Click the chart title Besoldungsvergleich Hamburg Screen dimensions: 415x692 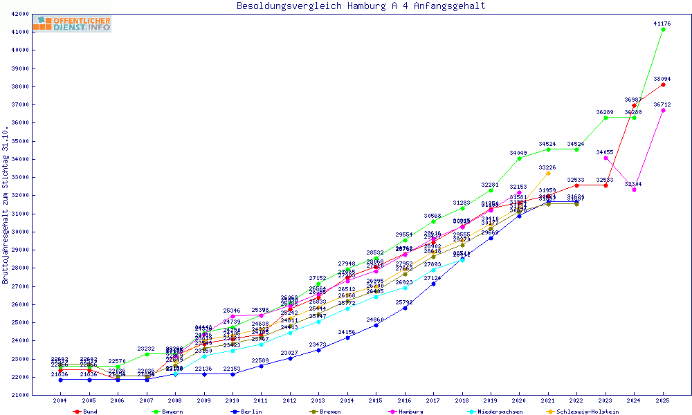[x=361, y=6]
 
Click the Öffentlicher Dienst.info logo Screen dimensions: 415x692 [x=72, y=24]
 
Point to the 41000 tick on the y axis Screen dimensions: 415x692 [x=19, y=32]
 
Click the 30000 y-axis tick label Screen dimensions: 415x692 [x=19, y=232]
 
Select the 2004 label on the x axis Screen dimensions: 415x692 [x=61, y=400]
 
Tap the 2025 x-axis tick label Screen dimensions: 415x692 [x=663, y=400]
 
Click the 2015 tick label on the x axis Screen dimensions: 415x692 [x=376, y=400]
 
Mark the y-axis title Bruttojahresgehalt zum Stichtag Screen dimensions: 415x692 [x=6, y=205]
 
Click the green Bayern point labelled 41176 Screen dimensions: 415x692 [x=663, y=29]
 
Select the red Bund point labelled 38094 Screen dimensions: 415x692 [x=663, y=84]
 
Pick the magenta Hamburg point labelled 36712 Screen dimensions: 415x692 [x=663, y=110]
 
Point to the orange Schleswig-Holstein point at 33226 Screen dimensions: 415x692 [x=548, y=173]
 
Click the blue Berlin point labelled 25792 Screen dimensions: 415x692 [x=405, y=308]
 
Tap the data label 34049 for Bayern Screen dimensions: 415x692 [x=519, y=152]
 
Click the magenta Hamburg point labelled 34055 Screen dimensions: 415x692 [x=605, y=158]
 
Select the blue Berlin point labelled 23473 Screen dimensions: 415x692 [x=318, y=350]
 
